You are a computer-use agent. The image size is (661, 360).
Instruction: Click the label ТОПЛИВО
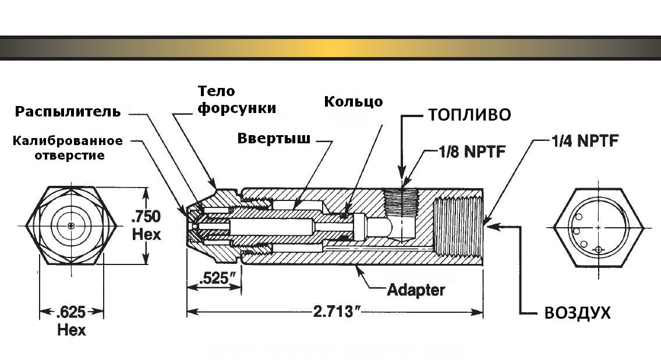click(x=469, y=115)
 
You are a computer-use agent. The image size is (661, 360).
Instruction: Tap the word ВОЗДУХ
click(x=577, y=313)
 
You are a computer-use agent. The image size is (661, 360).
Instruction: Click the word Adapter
click(x=416, y=289)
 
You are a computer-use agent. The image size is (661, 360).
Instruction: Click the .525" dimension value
click(x=212, y=278)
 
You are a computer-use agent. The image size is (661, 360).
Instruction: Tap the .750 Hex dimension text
click(x=146, y=225)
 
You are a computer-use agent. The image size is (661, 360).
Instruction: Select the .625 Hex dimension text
click(x=71, y=322)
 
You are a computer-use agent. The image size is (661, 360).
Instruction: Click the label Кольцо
click(x=354, y=101)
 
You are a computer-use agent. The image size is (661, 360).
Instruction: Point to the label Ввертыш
click(x=273, y=139)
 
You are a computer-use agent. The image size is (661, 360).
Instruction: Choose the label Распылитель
click(x=68, y=111)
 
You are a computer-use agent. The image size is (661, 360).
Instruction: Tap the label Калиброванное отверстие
click(x=69, y=148)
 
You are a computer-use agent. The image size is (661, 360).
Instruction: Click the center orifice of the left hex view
click(x=71, y=225)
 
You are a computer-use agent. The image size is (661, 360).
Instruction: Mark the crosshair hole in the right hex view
click(x=599, y=250)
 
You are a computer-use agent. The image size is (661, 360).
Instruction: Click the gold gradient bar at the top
click(x=330, y=48)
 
